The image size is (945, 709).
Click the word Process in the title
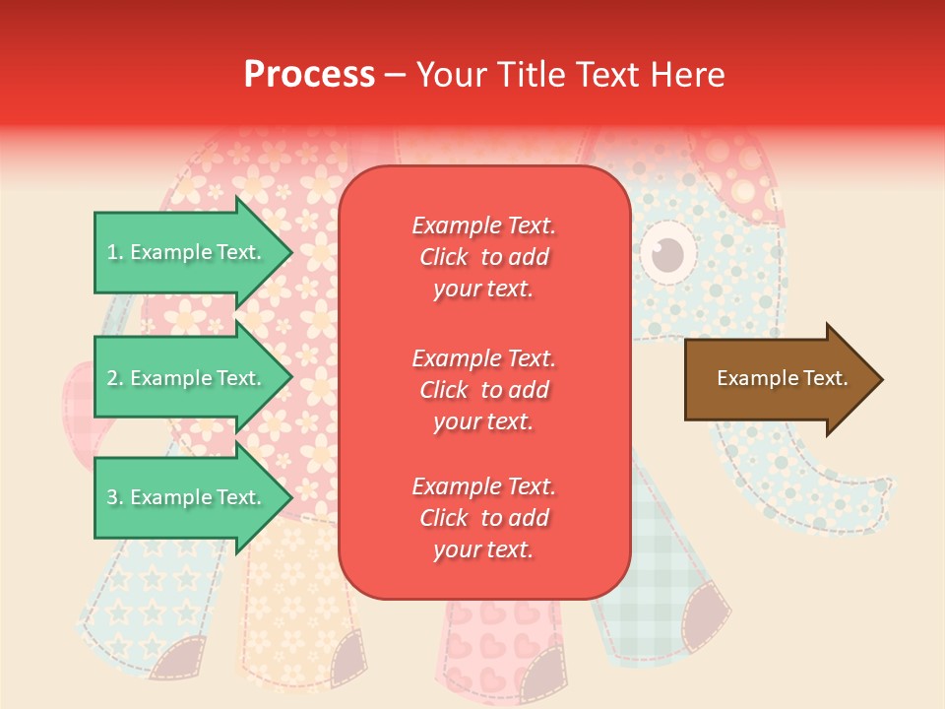click(x=309, y=75)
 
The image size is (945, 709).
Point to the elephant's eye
click(x=668, y=254)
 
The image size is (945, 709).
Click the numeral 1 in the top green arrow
click(x=112, y=252)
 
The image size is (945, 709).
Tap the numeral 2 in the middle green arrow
click(x=112, y=378)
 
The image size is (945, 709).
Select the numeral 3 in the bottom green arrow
click(x=112, y=497)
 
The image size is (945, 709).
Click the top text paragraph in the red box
click(x=483, y=257)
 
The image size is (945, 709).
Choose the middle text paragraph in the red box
click(x=483, y=390)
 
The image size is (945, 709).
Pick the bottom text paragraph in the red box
click(x=483, y=518)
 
